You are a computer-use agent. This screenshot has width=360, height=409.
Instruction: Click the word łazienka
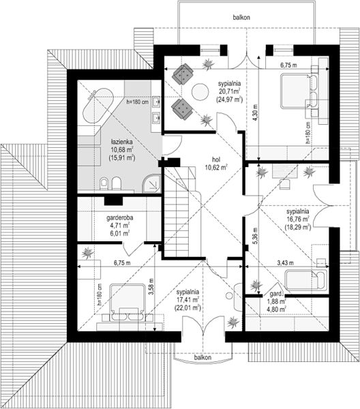[121, 142]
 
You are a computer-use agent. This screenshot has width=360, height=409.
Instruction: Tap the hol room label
[215, 159]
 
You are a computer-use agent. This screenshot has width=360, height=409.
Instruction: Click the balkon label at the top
[241, 18]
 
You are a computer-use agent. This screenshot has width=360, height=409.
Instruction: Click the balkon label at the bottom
[202, 357]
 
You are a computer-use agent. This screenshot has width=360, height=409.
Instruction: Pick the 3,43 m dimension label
[285, 263]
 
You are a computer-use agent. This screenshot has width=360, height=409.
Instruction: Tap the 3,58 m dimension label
[151, 286]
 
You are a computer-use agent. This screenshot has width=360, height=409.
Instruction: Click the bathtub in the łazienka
[97, 107]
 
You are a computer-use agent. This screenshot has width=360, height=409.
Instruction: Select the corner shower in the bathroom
[151, 183]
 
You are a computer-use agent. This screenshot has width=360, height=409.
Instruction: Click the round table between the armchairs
[200, 91]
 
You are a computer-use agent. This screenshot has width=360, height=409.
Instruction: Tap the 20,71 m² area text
[230, 91]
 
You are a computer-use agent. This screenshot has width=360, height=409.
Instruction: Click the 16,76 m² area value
[298, 219]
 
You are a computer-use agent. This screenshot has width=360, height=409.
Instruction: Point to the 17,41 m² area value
[187, 299]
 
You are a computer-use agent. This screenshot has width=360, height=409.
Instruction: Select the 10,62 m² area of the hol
[215, 167]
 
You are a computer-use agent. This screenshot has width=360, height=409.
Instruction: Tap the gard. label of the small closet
[276, 294]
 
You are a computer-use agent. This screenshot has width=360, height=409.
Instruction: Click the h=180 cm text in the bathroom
[138, 102]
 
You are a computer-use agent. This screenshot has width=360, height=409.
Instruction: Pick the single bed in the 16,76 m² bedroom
[305, 280]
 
